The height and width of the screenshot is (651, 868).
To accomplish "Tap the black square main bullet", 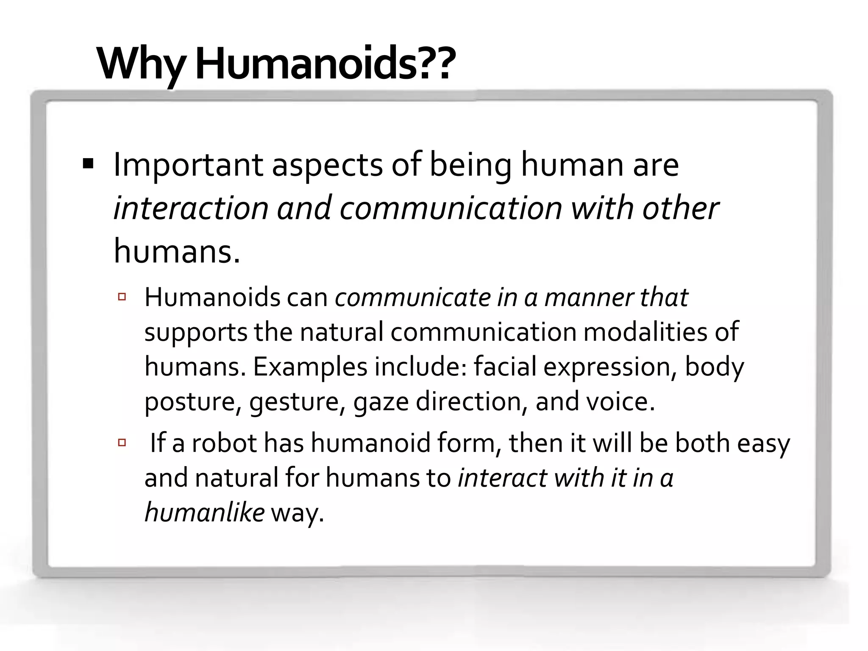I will [x=88, y=164].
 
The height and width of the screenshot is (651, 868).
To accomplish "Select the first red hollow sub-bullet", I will [x=122, y=297].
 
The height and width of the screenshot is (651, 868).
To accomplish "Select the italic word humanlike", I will [x=205, y=512].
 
